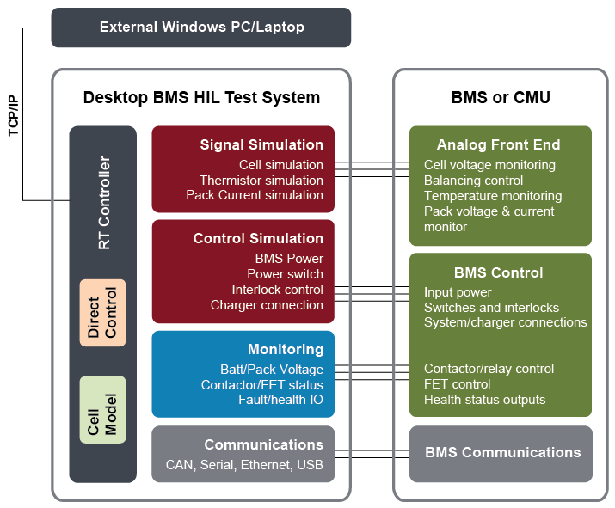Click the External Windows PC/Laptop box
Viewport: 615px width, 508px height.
pos(200,28)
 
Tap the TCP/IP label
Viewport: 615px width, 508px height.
pos(14,116)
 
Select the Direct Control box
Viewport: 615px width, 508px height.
pos(102,313)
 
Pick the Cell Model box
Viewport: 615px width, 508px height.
pos(102,410)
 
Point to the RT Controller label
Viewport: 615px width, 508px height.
pos(104,203)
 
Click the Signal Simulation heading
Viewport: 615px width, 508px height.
pos(261,144)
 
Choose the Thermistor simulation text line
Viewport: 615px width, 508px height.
pos(261,181)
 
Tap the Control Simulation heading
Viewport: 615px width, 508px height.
pos(258,238)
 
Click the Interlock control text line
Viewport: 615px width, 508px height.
pos(277,290)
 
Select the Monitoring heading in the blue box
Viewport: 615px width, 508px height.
pos(286,349)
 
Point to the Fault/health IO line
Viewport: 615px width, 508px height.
pos(280,400)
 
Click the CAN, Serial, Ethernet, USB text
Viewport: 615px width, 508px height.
pos(244,465)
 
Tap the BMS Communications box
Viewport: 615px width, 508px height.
pos(501,454)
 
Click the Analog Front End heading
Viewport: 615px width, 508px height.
pos(499,144)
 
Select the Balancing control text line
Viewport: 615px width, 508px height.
pos(473,181)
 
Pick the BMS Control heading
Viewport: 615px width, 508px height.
pos(499,272)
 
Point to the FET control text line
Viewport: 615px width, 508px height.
pos(458,384)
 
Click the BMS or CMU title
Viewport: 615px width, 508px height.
pos(501,97)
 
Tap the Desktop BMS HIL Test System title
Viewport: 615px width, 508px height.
pos(201,97)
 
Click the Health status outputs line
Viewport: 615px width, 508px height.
pos(485,400)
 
